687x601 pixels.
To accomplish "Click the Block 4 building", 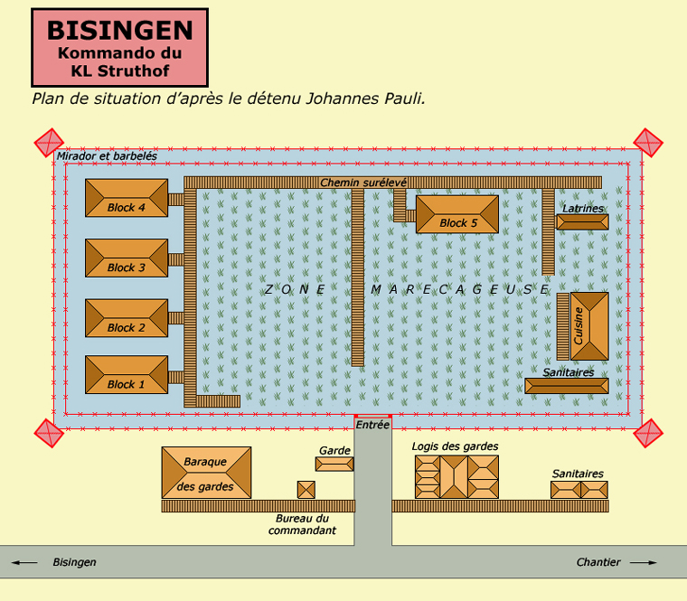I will click(127, 198).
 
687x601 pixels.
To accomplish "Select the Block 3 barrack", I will click(127, 258).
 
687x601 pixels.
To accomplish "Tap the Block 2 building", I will click(127, 317).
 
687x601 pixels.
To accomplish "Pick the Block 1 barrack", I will click(127, 374).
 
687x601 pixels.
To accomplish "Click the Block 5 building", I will click(456, 214).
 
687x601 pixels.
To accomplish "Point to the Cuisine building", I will click(589, 325).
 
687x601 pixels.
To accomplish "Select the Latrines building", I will click(582, 221).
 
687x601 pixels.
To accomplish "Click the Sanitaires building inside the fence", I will click(567, 386).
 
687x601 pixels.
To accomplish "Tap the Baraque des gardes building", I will click(206, 473).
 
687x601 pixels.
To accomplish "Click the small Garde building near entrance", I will click(334, 464).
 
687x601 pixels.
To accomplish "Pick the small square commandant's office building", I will click(306, 489).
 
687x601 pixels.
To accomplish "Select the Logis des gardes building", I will click(456, 476).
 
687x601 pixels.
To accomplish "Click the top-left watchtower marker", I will click(49, 143).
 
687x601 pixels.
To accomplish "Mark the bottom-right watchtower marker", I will click(648, 433).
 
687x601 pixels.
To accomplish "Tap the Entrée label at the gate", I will click(372, 425).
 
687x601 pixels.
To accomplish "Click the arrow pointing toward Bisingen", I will click(25, 563).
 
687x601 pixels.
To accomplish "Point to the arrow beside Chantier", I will click(644, 563).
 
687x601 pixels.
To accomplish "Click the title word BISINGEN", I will click(120, 30).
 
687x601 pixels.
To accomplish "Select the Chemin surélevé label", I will click(363, 183).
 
